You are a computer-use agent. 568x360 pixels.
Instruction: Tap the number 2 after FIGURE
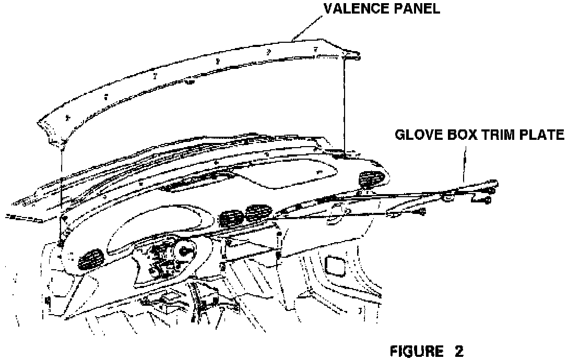(x=458, y=350)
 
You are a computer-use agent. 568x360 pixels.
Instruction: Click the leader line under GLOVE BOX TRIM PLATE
(x=464, y=162)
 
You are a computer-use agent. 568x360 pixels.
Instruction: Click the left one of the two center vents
(x=231, y=218)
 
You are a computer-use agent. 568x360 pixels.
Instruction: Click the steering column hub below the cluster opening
(x=184, y=251)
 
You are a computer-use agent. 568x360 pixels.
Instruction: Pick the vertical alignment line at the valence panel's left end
(x=62, y=183)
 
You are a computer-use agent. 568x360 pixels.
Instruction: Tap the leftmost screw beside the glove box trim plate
(x=422, y=211)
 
